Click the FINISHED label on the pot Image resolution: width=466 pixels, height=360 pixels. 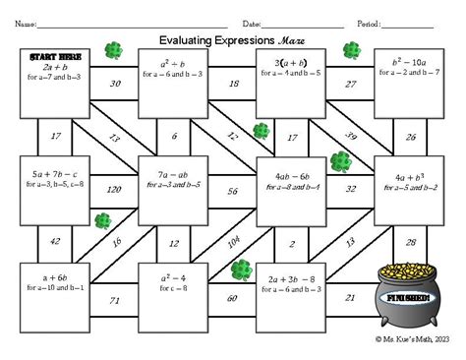click(406, 294)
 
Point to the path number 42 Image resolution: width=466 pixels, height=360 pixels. click(56, 242)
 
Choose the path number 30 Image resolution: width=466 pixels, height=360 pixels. click(115, 84)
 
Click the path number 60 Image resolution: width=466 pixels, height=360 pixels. click(233, 298)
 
